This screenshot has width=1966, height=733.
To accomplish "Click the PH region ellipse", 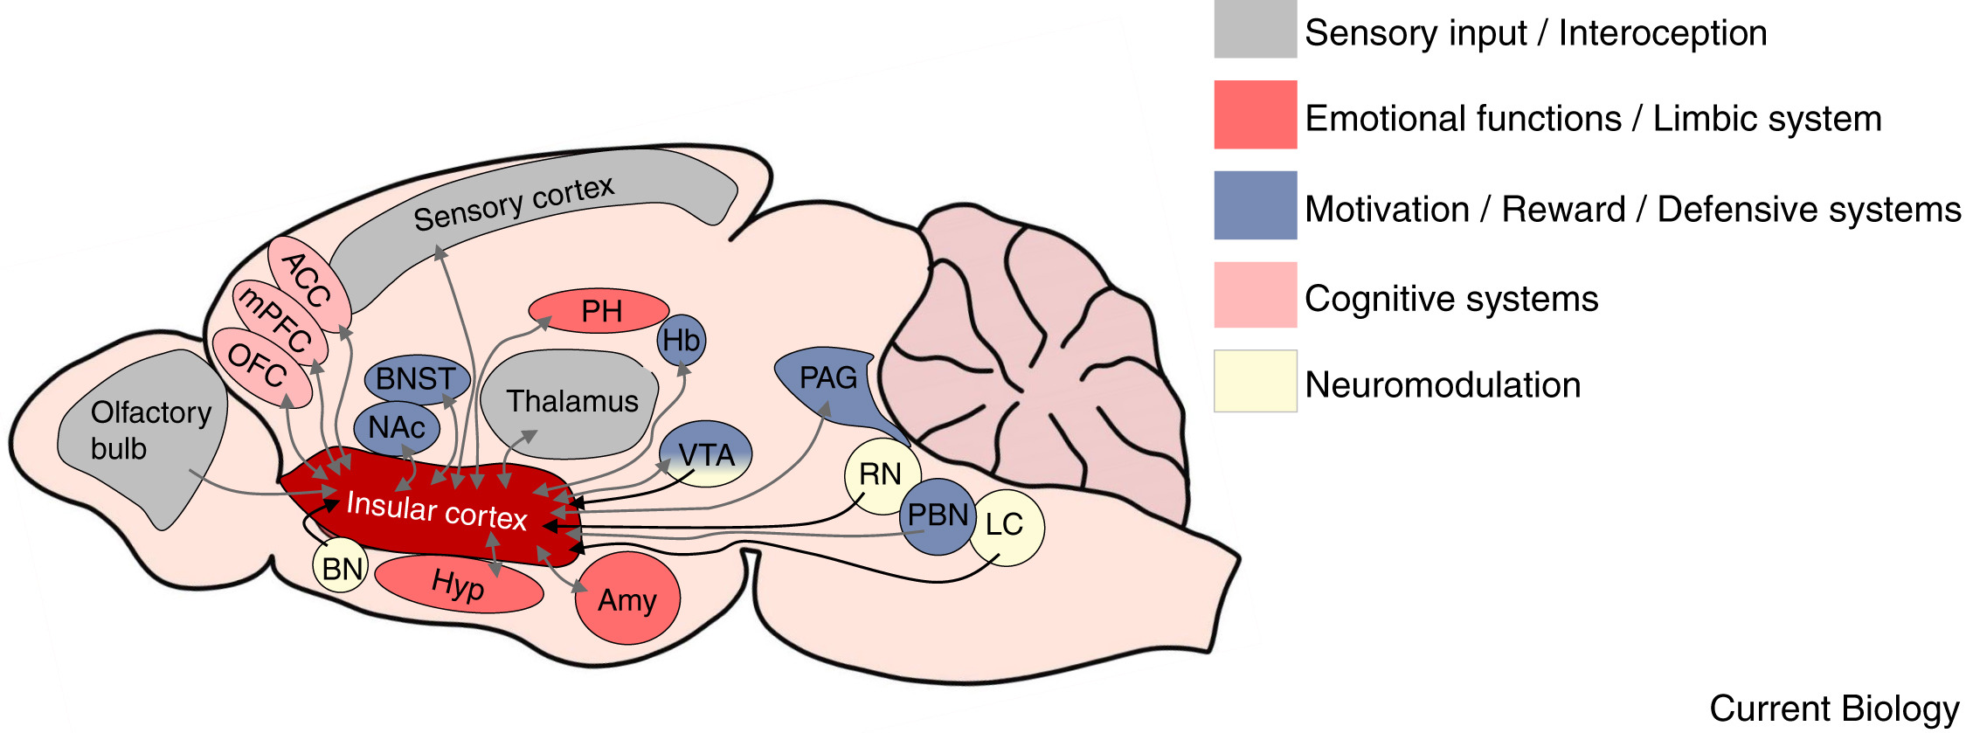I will point(599,311).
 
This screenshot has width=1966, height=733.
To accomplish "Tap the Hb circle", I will point(681,341).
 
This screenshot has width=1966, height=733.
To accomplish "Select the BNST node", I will point(417,379).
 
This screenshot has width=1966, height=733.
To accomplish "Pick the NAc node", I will point(397,428).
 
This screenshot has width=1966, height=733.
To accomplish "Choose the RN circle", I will point(880,474).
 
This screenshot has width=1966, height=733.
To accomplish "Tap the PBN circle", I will point(938,515).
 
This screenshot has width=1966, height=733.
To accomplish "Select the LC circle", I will point(1007,525).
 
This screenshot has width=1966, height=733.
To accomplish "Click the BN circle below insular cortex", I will point(341,569).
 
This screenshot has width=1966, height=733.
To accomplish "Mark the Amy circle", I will point(627,600).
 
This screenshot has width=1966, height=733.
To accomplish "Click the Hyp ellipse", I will point(459,584).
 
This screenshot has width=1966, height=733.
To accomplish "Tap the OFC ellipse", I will point(260,366).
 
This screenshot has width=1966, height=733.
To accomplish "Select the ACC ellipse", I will point(308,280).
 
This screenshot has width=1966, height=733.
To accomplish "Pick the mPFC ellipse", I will point(279,322).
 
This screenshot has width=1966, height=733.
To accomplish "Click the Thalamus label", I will point(572,402).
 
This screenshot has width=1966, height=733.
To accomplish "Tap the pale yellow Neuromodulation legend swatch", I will point(1255,382).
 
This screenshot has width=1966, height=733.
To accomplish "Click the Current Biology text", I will point(1833,709).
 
